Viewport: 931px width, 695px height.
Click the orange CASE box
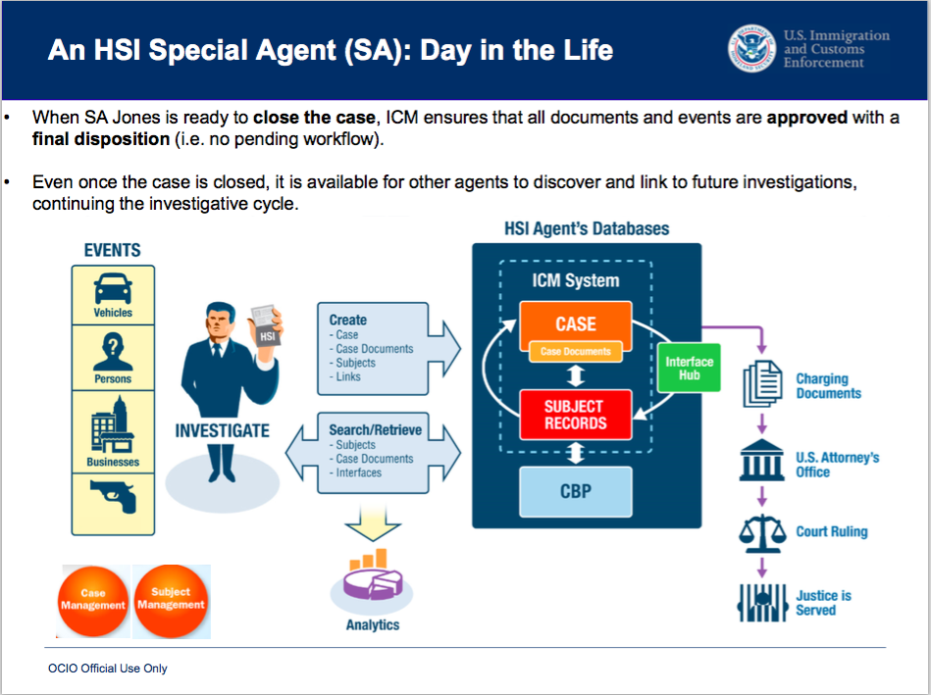pos(575,323)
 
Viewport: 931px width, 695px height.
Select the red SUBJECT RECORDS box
pos(575,415)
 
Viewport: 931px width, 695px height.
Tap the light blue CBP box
pos(575,490)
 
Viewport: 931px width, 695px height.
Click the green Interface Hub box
pos(689,368)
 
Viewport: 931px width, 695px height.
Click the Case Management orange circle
pos(93,599)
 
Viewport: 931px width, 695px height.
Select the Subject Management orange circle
pos(171,599)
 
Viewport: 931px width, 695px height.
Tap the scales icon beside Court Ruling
pos(762,532)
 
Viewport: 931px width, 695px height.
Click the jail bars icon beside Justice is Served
pos(762,602)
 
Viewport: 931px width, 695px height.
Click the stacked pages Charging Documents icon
pos(763,385)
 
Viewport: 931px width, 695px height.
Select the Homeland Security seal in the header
pos(751,48)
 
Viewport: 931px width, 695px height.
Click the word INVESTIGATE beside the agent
pos(222,430)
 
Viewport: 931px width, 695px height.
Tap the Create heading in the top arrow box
pos(347,320)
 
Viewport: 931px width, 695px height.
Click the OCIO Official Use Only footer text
pos(108,669)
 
